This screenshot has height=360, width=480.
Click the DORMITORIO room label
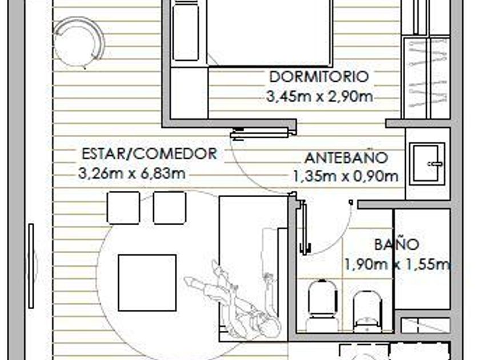[x=319, y=77]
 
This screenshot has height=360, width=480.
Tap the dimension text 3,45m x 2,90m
[x=319, y=97]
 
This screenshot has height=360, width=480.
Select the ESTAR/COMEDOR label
[x=149, y=154]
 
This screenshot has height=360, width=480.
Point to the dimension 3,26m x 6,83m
[x=132, y=173]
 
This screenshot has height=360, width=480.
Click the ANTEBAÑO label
[x=346, y=158]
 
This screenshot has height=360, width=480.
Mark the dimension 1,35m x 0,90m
[x=346, y=177]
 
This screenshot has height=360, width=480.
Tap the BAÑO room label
[x=397, y=245]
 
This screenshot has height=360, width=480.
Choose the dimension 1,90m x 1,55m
[x=397, y=264]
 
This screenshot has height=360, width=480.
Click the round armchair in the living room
[x=79, y=42]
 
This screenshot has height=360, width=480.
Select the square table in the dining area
[x=147, y=282]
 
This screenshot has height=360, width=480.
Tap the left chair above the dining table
[x=123, y=207]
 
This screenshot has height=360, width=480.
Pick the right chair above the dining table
[x=170, y=207]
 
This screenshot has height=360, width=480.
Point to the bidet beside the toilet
[x=367, y=311]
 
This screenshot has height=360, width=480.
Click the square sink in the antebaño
[x=427, y=163]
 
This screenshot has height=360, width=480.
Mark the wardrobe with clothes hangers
[x=427, y=78]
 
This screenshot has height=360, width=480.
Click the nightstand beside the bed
[x=186, y=33]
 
